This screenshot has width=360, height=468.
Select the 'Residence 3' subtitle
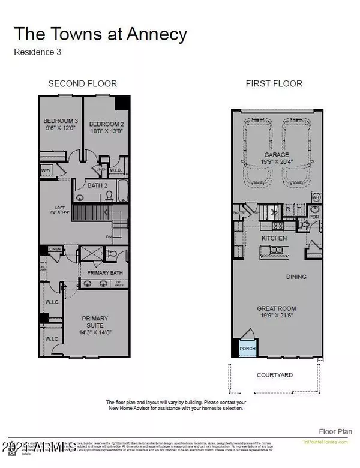37,52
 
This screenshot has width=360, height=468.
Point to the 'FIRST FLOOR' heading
274,83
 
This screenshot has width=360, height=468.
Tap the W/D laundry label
46,171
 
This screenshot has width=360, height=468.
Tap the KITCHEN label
274,238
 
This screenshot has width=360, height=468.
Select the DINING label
296,277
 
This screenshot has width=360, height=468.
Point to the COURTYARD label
275,375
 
